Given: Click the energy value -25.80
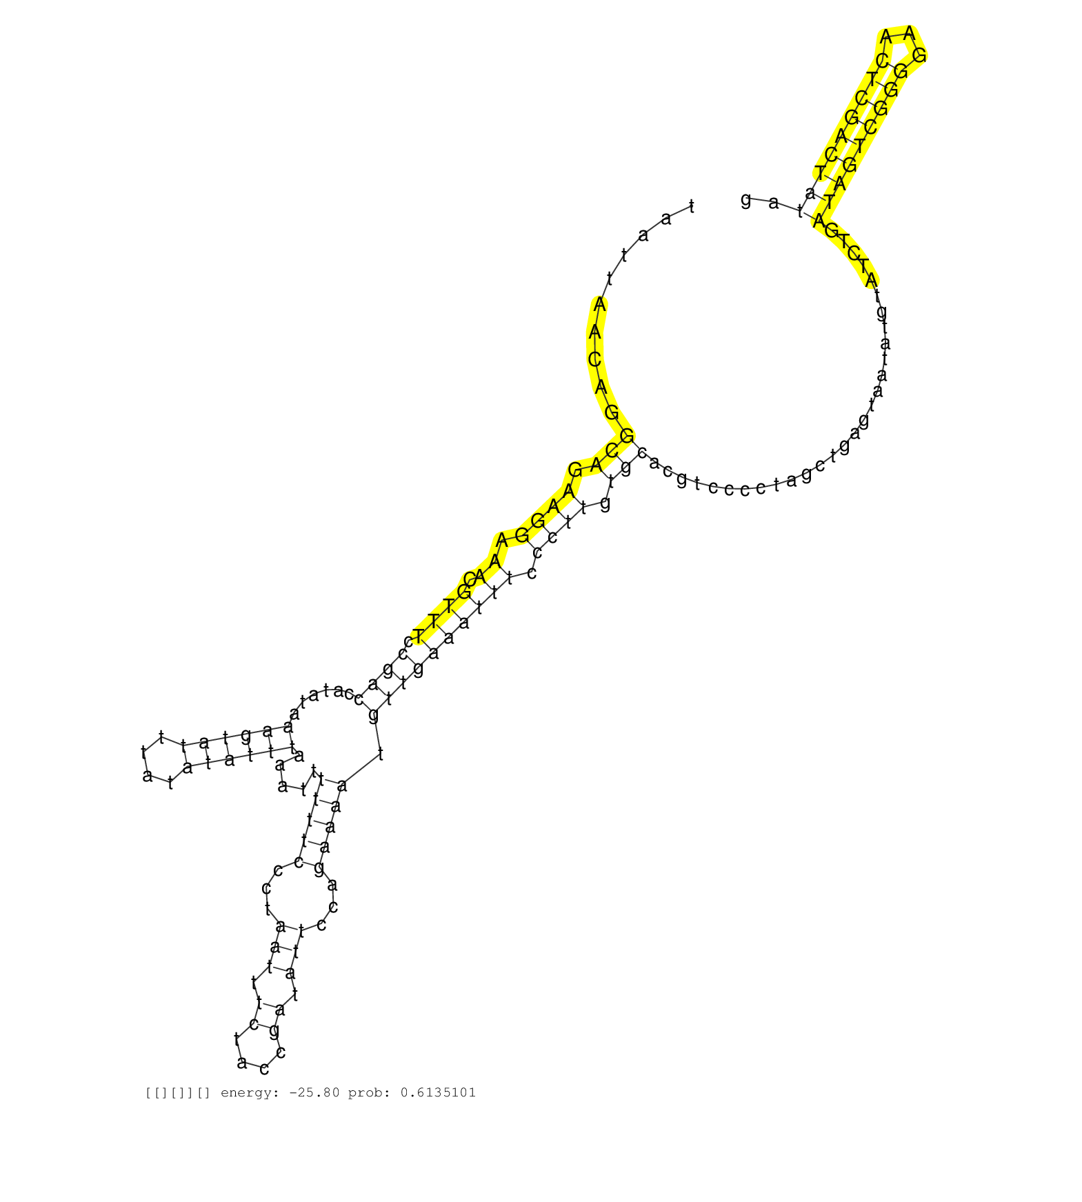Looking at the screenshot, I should point(314,1092).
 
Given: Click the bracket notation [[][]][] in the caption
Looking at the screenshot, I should point(177,1092).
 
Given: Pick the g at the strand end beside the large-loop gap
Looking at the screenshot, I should point(745,199).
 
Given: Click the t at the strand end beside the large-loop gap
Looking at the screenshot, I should point(692,207).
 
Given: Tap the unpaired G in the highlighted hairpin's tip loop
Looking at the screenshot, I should point(919,55).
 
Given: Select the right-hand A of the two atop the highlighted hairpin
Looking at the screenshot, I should point(910,33).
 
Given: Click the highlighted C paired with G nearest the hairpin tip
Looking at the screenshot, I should point(882,61).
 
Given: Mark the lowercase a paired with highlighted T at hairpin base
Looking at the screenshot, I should point(810,193).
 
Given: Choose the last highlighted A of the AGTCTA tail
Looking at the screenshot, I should point(871,281).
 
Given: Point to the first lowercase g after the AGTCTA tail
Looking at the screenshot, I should point(881,312).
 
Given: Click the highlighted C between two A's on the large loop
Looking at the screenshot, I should point(594,359).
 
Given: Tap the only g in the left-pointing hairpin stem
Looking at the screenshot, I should point(246,736).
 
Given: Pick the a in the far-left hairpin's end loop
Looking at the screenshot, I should point(147,776).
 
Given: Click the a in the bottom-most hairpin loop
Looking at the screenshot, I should point(241,1063).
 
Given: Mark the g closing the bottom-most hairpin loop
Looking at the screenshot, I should point(274,1032).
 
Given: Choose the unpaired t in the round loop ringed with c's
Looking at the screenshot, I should point(268,910).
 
